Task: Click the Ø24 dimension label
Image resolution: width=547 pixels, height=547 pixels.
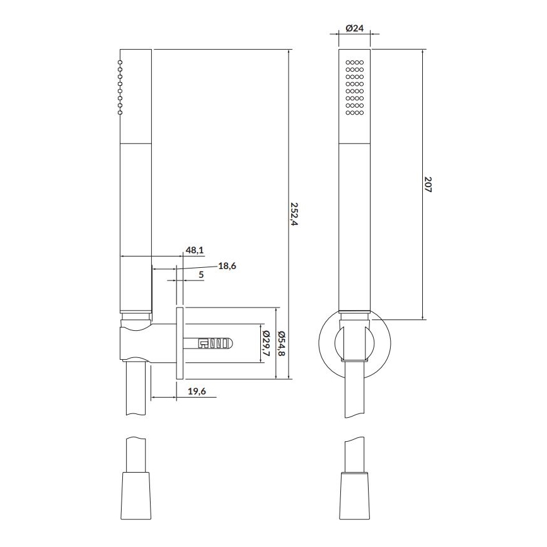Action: pyautogui.click(x=354, y=28)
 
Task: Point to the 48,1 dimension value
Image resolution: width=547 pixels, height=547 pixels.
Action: pyautogui.click(x=194, y=250)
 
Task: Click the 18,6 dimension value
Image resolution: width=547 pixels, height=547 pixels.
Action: pyautogui.click(x=227, y=266)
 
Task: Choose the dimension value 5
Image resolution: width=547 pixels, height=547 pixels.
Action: pyautogui.click(x=201, y=275)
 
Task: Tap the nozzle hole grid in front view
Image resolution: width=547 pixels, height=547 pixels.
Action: pyautogui.click(x=355, y=88)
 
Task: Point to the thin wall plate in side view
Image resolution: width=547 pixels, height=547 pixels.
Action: pyautogui.click(x=180, y=343)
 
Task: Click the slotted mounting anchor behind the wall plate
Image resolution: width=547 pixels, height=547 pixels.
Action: pyautogui.click(x=211, y=343)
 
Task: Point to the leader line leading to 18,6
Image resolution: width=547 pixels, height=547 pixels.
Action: pyautogui.click(x=199, y=267)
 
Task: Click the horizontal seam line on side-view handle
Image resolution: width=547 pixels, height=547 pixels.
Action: pyautogui.click(x=135, y=144)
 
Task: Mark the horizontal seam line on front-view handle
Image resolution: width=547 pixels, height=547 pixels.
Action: pyautogui.click(x=354, y=144)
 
